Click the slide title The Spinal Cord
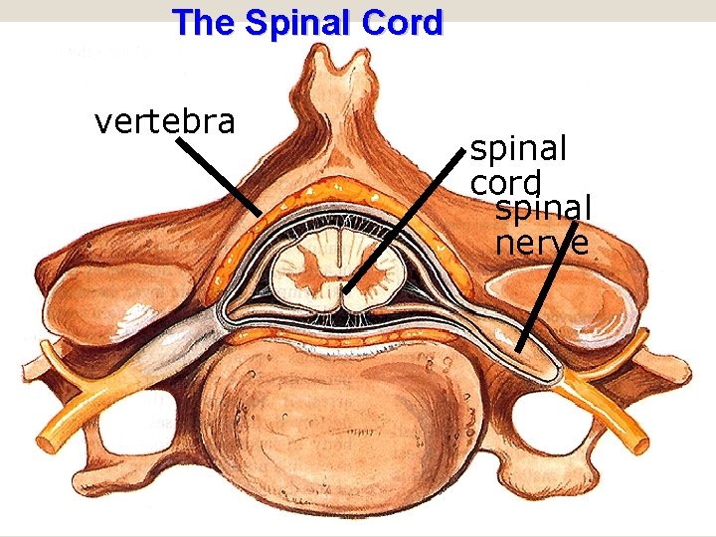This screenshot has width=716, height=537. tap(306, 23)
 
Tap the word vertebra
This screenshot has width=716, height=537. tap(164, 121)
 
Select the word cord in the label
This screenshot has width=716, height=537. tap(506, 183)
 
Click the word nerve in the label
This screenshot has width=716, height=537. tap(541, 242)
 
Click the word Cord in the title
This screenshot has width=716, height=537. tap(404, 23)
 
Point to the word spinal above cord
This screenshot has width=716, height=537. tap(518, 149)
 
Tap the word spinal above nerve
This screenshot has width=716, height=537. tap(543, 209)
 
